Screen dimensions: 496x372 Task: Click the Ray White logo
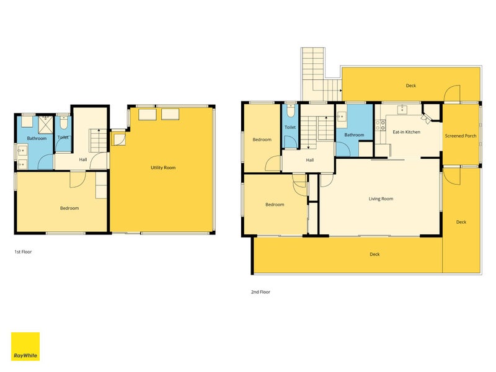[x=25, y=346]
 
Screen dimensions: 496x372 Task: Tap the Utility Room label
[x=163, y=167]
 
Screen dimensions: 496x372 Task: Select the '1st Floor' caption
[x=23, y=252]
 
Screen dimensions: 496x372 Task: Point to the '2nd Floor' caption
[x=260, y=292]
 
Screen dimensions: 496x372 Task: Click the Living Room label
[x=381, y=198]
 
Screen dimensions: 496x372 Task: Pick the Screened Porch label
[x=461, y=136]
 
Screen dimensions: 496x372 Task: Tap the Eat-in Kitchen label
[x=407, y=132]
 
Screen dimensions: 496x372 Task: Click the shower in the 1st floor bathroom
[x=45, y=125]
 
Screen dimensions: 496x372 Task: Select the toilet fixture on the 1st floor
[x=64, y=123]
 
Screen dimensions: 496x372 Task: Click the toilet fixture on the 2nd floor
[x=291, y=110]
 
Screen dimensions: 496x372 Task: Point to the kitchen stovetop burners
[x=380, y=125]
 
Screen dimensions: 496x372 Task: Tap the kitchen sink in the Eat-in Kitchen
[x=402, y=110]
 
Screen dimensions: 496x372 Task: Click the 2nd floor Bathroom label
[x=354, y=135]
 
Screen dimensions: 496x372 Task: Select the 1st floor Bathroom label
[x=37, y=138]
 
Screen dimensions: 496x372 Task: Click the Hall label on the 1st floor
[x=83, y=159]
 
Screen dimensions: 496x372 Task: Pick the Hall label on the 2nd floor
[x=309, y=160]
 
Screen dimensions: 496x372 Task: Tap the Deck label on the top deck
[x=411, y=86]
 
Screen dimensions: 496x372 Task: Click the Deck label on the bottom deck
[x=374, y=254]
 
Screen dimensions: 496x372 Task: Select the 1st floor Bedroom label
[x=69, y=208]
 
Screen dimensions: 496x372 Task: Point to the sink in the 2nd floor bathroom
[x=341, y=117]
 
